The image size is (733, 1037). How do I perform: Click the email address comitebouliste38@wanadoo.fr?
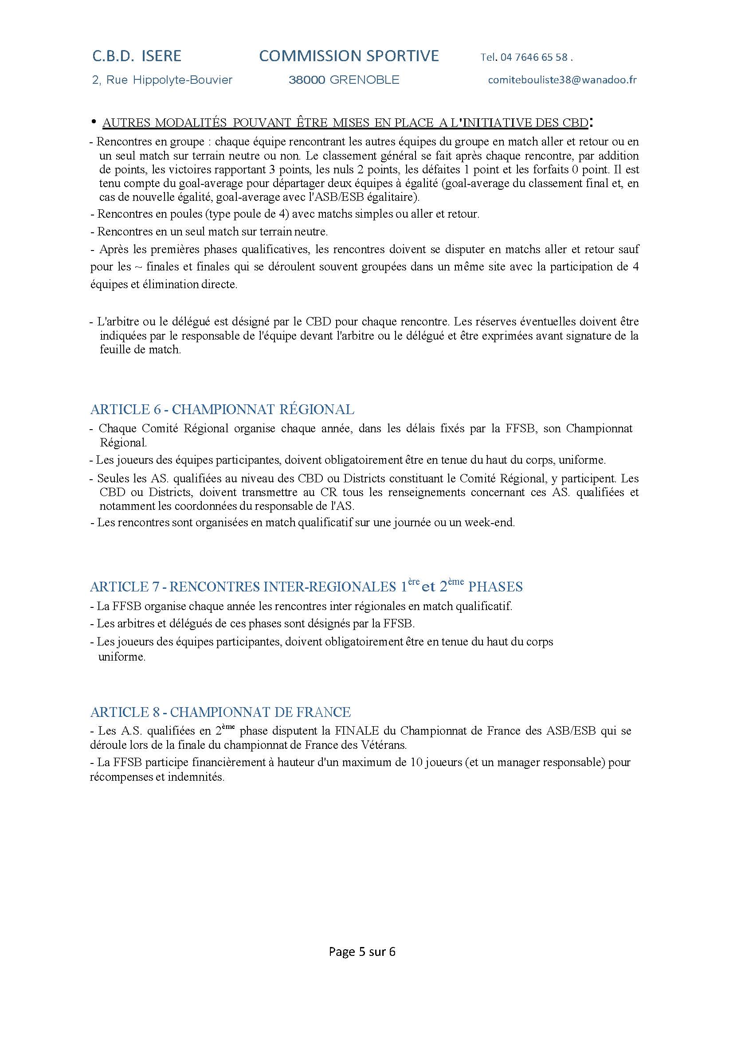(x=562, y=80)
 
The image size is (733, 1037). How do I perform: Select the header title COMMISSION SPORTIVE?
(x=349, y=56)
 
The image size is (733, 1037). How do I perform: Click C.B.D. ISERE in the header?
(x=137, y=56)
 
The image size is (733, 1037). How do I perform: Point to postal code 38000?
(x=307, y=80)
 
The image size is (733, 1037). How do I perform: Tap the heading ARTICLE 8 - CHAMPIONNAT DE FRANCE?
(x=220, y=712)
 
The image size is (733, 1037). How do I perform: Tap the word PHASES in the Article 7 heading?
(x=495, y=587)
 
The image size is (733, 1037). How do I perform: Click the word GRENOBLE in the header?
(x=365, y=80)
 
